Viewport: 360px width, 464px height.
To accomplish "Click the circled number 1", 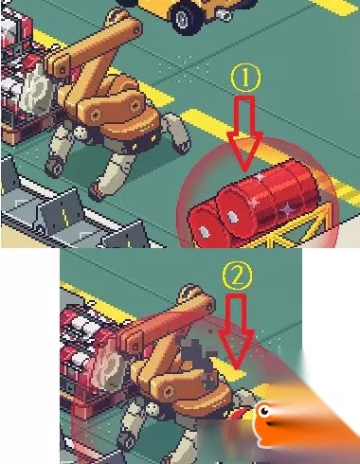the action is click(x=246, y=78).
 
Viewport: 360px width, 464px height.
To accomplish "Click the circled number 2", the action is click(x=237, y=277).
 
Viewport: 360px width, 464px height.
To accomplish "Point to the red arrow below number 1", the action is click(x=245, y=133).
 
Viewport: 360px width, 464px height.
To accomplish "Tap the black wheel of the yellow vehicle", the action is click(x=186, y=20).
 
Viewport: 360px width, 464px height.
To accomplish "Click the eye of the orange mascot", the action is click(x=263, y=411).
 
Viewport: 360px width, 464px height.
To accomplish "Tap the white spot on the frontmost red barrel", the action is click(x=205, y=232).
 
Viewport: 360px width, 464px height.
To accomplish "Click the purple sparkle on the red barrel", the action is click(x=287, y=208).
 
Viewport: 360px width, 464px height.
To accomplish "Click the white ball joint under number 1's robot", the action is click(x=81, y=133).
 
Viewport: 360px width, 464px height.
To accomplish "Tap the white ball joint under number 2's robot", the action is click(x=153, y=409).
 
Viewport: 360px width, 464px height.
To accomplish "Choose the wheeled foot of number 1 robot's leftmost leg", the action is click(x=54, y=168).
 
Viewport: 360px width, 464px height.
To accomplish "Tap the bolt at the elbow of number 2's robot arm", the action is click(x=168, y=392).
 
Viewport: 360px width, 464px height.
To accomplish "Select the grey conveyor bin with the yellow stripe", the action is click(x=62, y=210).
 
